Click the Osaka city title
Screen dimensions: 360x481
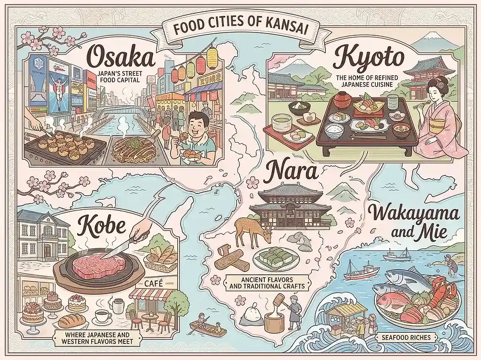point(121,59)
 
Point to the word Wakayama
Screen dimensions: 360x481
point(414,216)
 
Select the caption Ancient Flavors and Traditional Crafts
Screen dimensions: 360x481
point(266,283)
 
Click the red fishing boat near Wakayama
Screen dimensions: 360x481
point(362,272)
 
